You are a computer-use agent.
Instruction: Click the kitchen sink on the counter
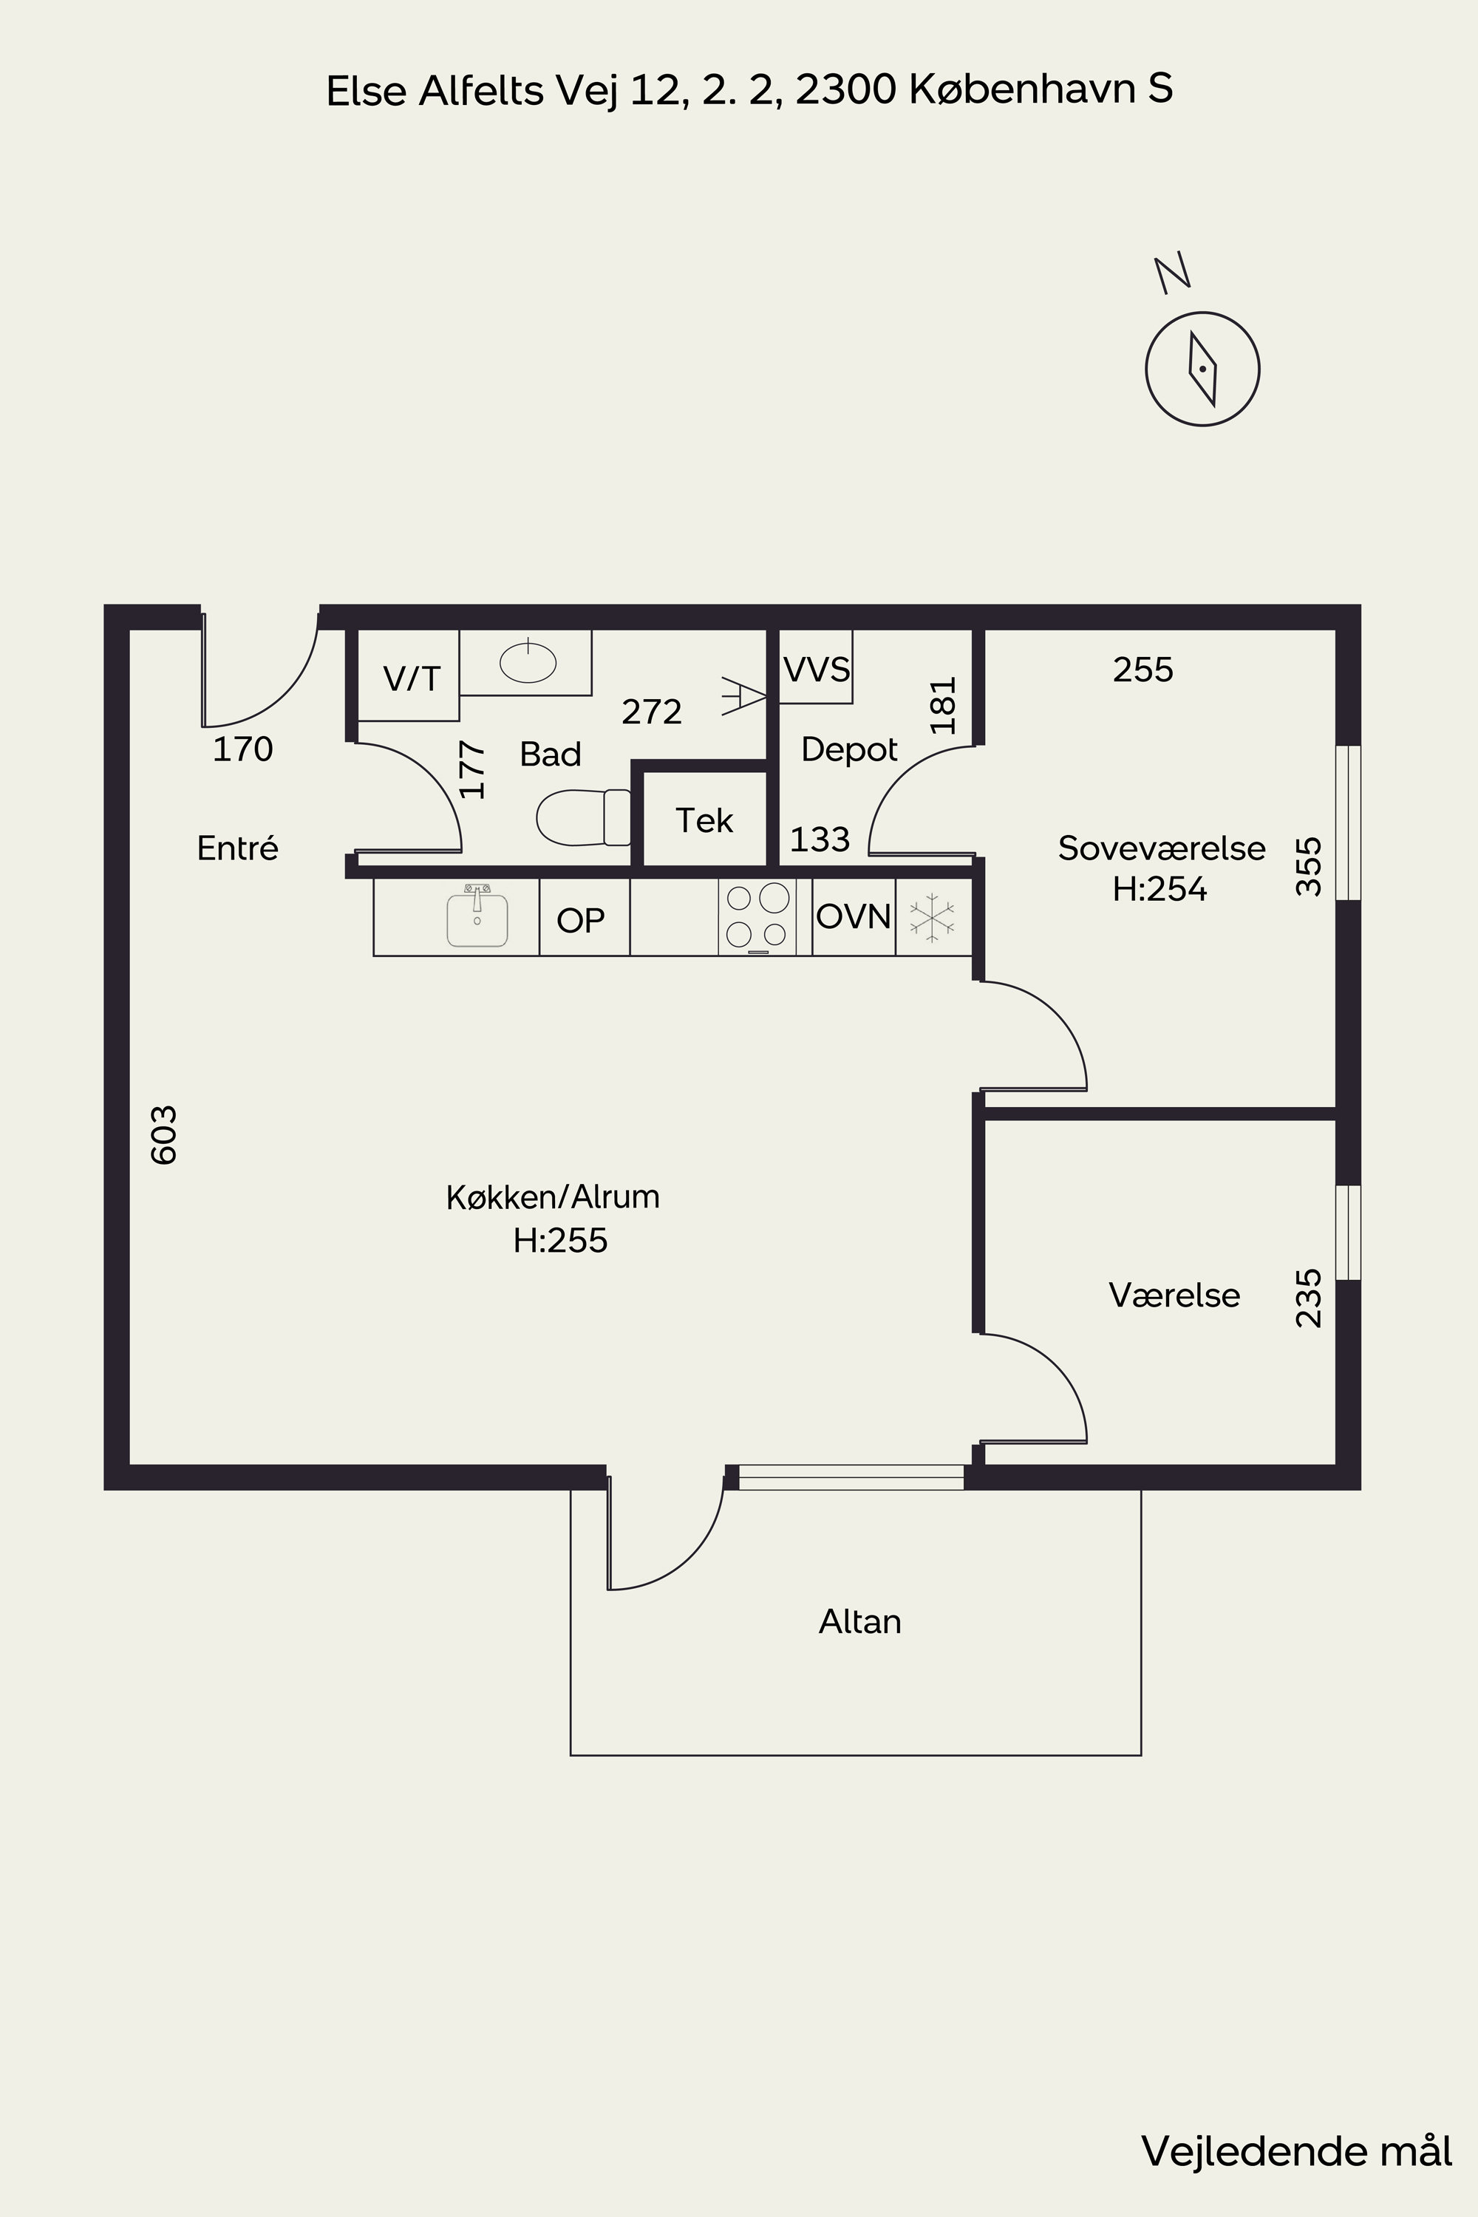[x=477, y=916]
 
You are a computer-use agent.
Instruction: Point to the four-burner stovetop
[x=757, y=917]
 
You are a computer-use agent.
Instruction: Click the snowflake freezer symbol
[x=932, y=917]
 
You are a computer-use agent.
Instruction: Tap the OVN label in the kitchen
[x=853, y=916]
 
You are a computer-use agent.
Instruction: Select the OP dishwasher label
[x=581, y=920]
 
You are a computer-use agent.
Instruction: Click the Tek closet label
[x=704, y=821]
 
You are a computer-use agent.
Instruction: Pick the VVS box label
[x=817, y=670]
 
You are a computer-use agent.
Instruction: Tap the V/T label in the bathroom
[x=412, y=678]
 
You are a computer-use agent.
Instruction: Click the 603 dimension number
[x=164, y=1135]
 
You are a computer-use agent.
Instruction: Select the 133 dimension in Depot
[x=820, y=839]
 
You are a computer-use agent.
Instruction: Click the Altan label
[x=859, y=1621]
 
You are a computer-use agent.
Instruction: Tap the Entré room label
[x=237, y=848]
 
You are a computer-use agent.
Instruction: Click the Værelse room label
[x=1174, y=1295]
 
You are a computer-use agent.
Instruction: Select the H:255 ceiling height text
[x=561, y=1241]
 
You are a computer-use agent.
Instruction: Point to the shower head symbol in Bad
[x=743, y=695]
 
